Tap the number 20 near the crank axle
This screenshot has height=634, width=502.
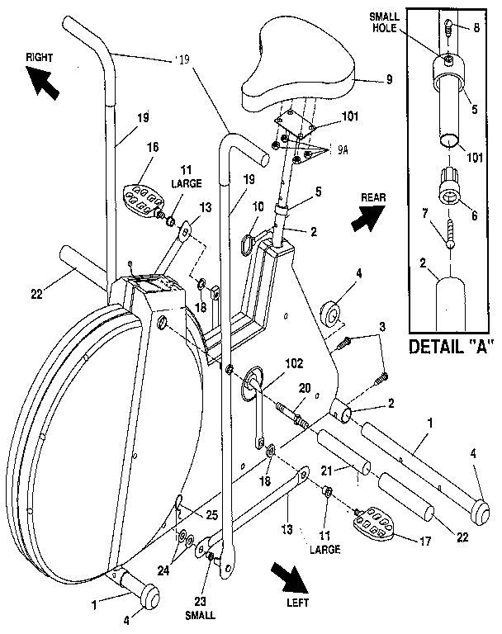click(x=305, y=389)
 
